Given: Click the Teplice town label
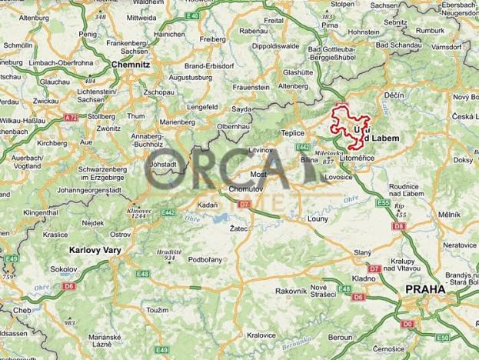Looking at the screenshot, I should (x=295, y=132).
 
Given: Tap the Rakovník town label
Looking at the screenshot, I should (x=291, y=290).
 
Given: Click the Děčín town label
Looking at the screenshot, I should (x=394, y=95).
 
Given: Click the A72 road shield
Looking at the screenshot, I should (x=72, y=118).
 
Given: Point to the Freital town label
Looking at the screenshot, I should (x=274, y=21).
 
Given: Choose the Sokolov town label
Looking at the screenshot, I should (x=65, y=269).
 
